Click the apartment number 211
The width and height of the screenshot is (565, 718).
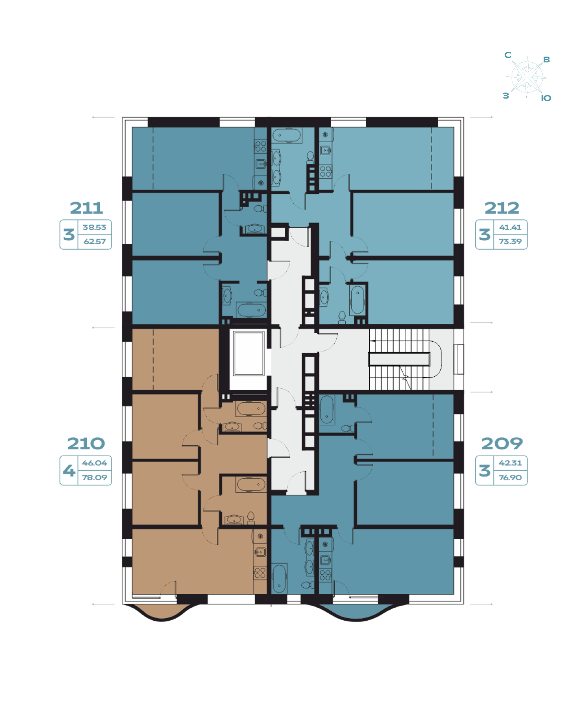(x=86, y=208)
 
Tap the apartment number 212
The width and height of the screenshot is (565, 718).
(x=502, y=208)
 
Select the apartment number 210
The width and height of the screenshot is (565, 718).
(x=86, y=444)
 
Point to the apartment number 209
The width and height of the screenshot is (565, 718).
(x=502, y=444)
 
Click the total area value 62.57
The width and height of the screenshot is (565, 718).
(x=95, y=242)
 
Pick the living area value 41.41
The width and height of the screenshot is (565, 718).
(x=510, y=227)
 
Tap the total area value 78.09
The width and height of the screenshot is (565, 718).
(x=95, y=477)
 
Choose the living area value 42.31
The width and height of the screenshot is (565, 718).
(x=510, y=463)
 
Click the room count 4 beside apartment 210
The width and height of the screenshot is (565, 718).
(x=69, y=471)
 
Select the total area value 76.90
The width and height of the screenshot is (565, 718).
(x=510, y=477)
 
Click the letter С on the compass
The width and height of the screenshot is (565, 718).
(x=508, y=55)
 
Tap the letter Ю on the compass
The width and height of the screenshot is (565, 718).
(x=546, y=98)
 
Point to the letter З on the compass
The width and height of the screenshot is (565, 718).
(x=506, y=96)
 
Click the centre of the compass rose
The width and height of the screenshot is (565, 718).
(x=527, y=77)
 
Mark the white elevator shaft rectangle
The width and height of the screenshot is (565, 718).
(x=249, y=353)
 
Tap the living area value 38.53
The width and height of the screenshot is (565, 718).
(x=95, y=227)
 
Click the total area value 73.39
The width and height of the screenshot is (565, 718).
(x=510, y=242)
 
